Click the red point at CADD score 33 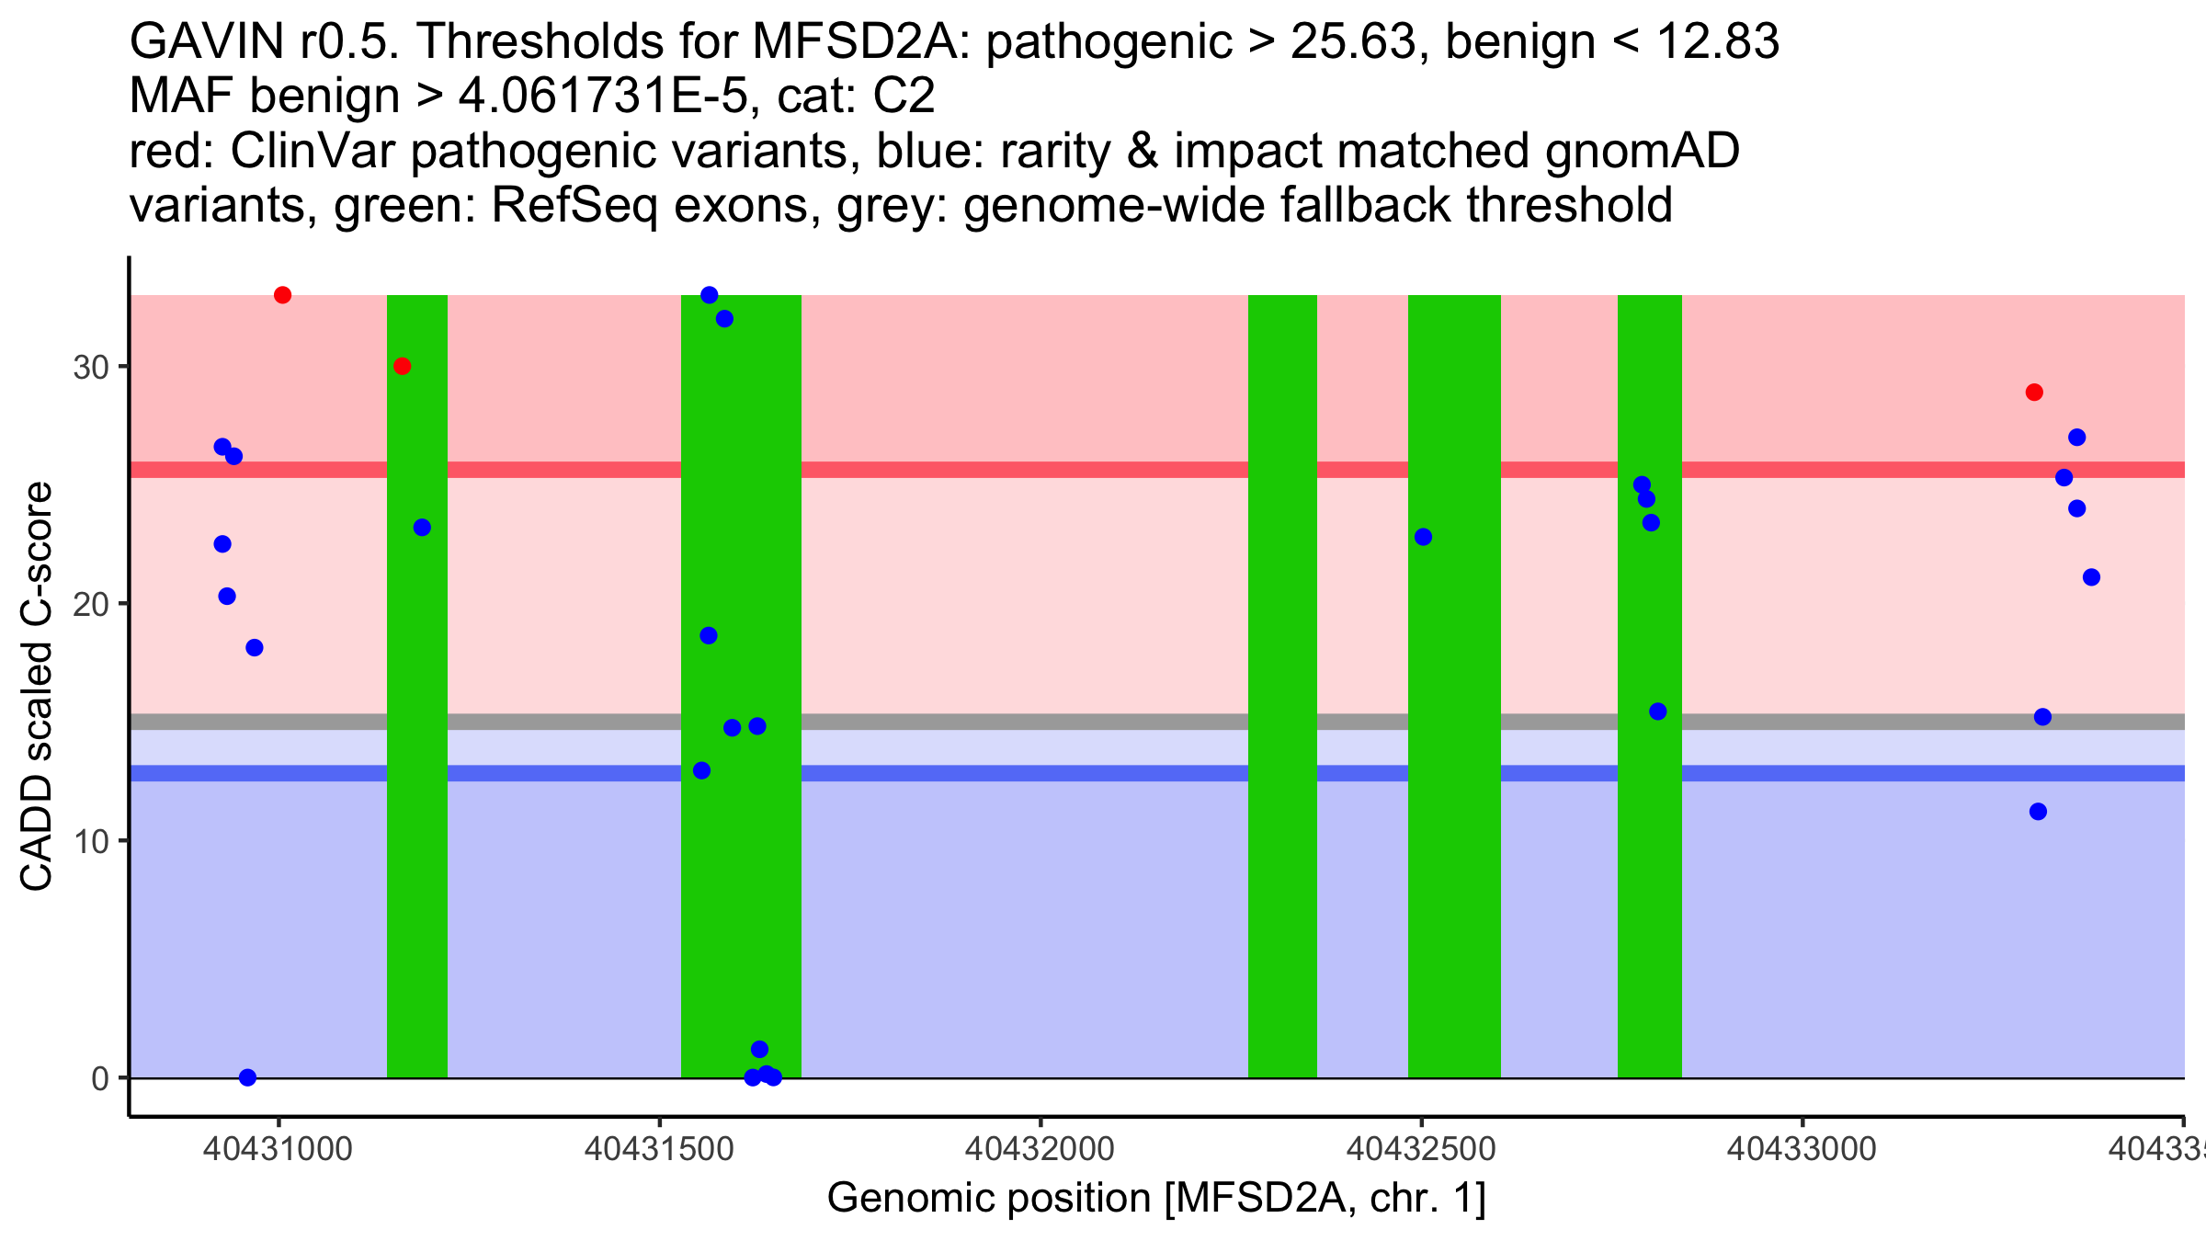(282, 295)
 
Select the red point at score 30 (402, 366)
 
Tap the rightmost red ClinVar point (2034, 393)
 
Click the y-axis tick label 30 (91, 368)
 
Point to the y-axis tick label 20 (91, 605)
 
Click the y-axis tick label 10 (91, 841)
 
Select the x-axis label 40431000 (279, 1149)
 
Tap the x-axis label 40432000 (1040, 1149)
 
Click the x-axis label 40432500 (1421, 1149)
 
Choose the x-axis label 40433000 (1802, 1149)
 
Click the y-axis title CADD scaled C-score (37, 687)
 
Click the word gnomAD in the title (1642, 151)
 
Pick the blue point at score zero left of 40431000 (247, 1077)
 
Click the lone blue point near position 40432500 (1423, 537)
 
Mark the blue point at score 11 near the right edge (2038, 812)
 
